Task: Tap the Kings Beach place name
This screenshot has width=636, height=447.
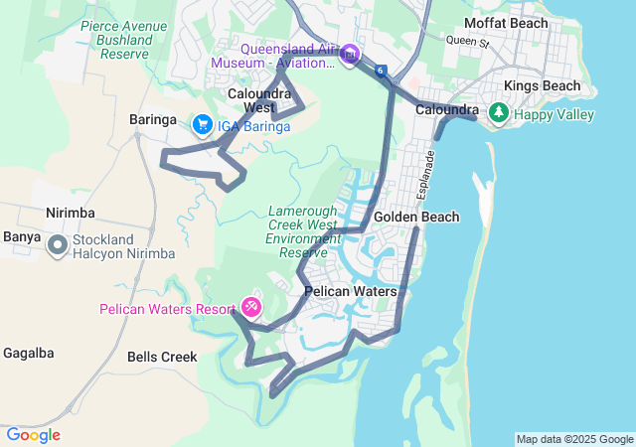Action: [x=542, y=86]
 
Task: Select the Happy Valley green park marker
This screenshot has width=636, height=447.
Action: [x=499, y=114]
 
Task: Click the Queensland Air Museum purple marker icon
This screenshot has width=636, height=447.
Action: [x=349, y=54]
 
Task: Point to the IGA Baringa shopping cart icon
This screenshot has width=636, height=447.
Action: [x=202, y=125]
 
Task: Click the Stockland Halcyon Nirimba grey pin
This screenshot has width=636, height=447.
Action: [x=58, y=243]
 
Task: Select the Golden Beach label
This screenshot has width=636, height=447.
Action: [x=416, y=218]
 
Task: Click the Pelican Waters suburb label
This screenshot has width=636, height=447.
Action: [x=350, y=292]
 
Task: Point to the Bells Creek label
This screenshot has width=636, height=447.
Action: [x=162, y=357]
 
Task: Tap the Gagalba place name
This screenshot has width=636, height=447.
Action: [x=27, y=354]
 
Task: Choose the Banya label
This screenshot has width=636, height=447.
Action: [x=22, y=236]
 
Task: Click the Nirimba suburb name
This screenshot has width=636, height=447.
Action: [x=70, y=213]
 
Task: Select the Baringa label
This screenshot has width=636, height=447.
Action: [x=153, y=119]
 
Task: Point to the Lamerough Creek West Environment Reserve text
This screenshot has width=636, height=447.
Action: [x=304, y=231]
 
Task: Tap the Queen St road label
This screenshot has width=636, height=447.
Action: [x=468, y=42]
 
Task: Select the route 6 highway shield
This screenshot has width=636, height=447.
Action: [x=381, y=71]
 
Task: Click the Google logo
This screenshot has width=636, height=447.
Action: [x=33, y=435]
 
